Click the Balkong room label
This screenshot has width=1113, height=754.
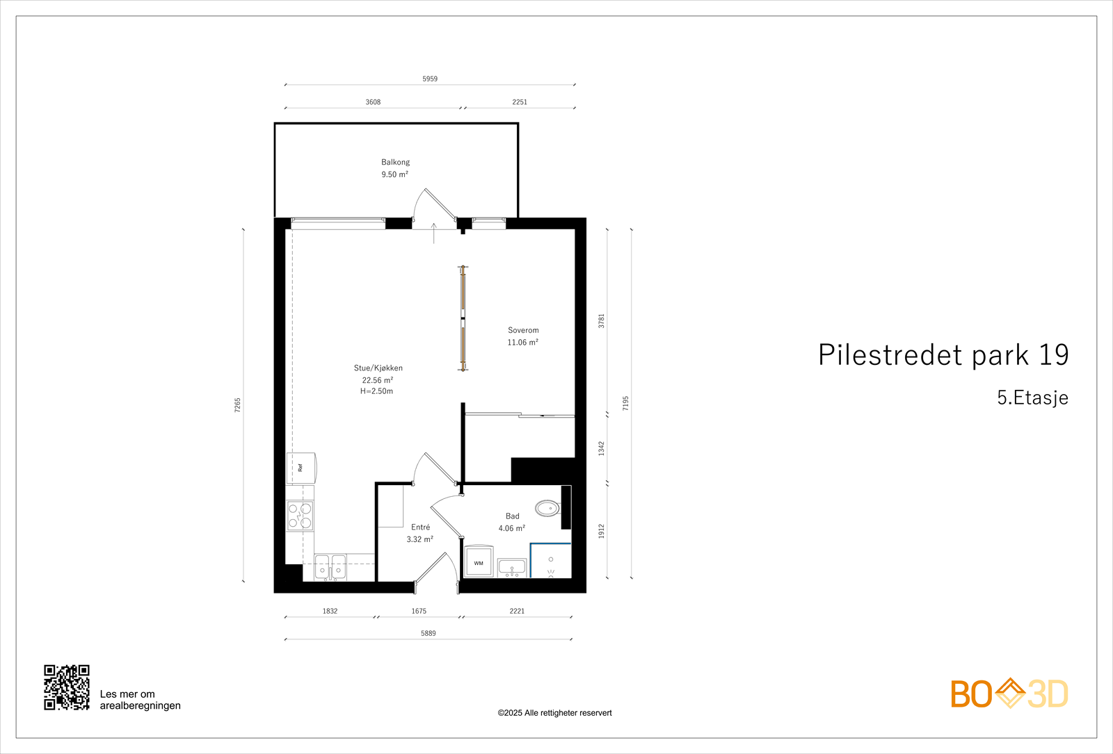(395, 163)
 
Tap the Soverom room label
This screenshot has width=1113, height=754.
(523, 331)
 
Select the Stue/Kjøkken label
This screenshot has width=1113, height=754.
(378, 368)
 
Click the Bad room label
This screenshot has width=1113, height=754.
(513, 516)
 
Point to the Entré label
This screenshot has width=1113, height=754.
(420, 527)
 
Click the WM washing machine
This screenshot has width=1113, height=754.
(479, 562)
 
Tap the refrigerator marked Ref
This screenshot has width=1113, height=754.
(301, 468)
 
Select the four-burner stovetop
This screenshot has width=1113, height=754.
(301, 516)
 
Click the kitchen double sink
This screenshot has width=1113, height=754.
(330, 567)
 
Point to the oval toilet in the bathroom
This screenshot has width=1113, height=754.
(547, 508)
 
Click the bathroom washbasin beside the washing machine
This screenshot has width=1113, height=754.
(512, 568)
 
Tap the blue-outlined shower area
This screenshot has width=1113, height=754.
(551, 561)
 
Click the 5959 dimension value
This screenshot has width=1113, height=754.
(430, 79)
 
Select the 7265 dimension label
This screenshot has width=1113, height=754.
(238, 405)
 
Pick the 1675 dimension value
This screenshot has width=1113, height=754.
(419, 612)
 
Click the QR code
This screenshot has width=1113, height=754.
(67, 687)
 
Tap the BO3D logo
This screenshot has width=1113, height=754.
(1009, 694)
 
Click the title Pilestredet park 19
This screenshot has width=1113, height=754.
(943, 355)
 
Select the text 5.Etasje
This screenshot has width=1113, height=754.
(1032, 398)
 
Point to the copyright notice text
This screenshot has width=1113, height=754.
(554, 713)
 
